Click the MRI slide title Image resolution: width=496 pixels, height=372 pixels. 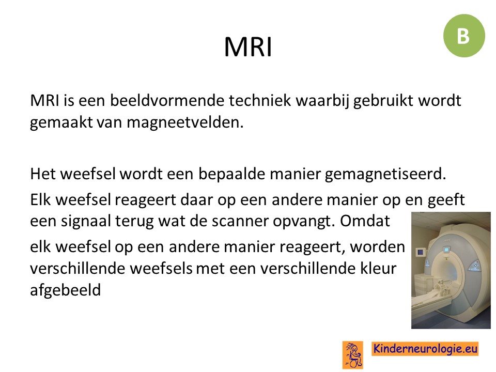click(x=248, y=47)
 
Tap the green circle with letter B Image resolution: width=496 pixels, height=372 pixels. click(x=464, y=36)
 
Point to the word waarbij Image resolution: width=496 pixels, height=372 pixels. click(x=322, y=101)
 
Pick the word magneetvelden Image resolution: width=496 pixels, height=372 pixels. click(x=185, y=122)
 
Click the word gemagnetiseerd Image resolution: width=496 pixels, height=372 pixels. click(x=385, y=174)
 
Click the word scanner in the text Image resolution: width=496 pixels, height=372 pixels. click(x=240, y=221)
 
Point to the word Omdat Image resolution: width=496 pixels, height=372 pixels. click(x=365, y=221)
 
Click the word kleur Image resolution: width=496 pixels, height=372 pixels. click(x=378, y=268)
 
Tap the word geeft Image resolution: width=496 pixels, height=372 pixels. click(x=446, y=200)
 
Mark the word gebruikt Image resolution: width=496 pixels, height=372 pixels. click(x=383, y=101)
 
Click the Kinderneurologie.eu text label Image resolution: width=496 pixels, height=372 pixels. click(x=425, y=349)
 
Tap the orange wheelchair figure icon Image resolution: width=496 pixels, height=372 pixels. click(x=353, y=354)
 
